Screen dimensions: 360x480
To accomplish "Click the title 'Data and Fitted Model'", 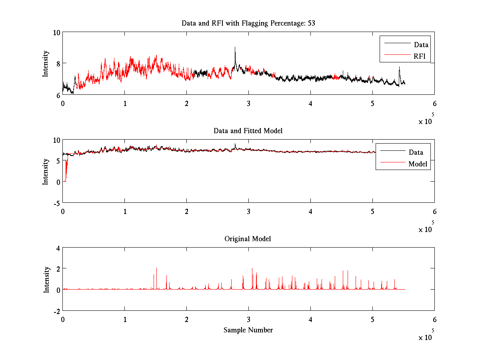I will (248, 131).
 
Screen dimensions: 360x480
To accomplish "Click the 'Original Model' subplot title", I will (248, 239).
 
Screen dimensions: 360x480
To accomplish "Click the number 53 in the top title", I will (311, 23).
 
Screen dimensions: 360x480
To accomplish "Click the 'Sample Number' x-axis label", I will (248, 330).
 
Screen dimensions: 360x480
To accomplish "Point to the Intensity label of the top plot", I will (46, 63).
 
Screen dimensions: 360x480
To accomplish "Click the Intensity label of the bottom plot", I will (46, 279).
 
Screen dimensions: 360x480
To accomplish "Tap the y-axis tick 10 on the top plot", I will (56, 32).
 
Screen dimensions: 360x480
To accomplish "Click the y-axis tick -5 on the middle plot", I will (56, 203).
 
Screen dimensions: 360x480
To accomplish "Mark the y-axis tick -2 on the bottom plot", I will (56, 311).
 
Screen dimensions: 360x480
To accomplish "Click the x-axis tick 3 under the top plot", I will (248, 103).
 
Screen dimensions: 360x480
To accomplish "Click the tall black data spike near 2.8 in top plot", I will (235, 48).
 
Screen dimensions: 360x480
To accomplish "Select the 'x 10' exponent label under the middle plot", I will (425, 230).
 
